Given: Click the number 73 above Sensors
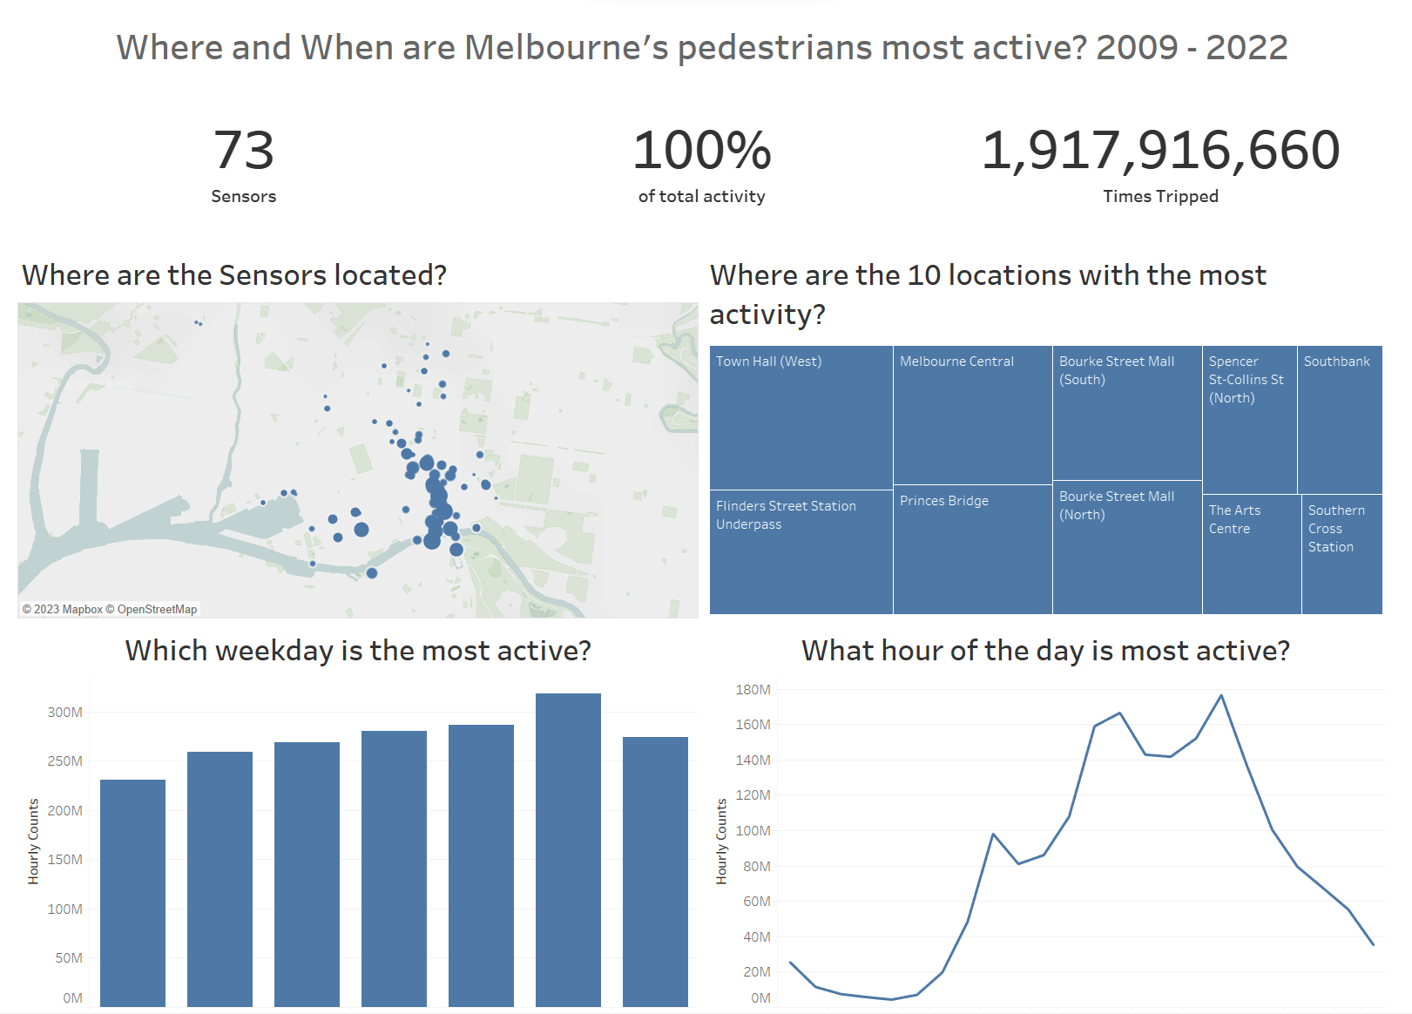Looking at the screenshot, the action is pos(244,150).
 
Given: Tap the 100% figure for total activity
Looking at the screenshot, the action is pos(701,150).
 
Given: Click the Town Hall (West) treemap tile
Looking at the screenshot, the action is pos(801,417).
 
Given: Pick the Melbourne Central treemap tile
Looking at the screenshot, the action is pos(973,415).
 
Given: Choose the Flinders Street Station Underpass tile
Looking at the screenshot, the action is pos(801,552).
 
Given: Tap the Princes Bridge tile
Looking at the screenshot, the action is pos(973,549).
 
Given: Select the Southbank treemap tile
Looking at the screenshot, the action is pos(1341,419).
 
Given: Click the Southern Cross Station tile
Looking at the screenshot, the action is pos(1342,554).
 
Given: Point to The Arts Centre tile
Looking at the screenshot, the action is pos(1252,554).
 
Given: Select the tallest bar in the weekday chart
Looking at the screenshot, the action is pos(568,850).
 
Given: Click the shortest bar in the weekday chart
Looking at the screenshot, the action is pos(133,893).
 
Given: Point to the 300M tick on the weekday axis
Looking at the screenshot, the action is pos(65,712).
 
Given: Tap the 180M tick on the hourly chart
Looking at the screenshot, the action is pos(753,689).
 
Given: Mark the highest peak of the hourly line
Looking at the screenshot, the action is pos(1221,695).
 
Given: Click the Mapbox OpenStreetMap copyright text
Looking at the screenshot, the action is pos(110,609).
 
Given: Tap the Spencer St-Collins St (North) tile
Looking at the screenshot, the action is pos(1250,419).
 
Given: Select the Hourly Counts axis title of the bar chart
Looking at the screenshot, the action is pos(33,842).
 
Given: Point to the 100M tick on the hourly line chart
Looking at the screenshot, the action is pos(753,830).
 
